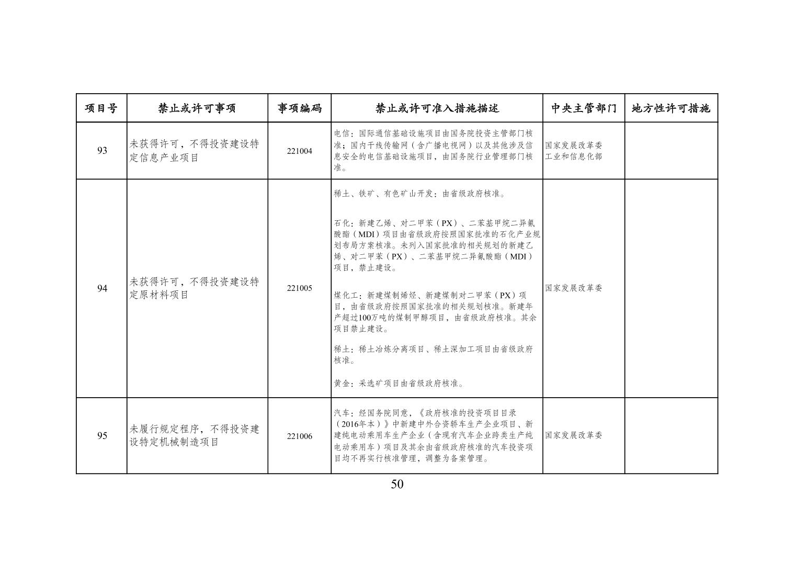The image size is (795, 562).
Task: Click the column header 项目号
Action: coord(101,108)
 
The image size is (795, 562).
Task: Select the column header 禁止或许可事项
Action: coord(197,108)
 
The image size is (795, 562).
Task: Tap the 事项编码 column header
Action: coord(299,108)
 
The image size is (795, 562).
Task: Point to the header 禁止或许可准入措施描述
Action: coord(437,108)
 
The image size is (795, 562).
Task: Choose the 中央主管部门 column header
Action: coord(584,108)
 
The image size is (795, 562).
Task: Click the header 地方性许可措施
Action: coord(671,108)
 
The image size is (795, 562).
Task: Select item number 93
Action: coord(102,151)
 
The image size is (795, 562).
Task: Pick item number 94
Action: coord(102,288)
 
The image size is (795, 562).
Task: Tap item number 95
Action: coord(102,436)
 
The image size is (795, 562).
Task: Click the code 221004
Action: coord(299,151)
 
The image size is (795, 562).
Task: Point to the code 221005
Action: coord(299,288)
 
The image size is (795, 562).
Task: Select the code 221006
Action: coord(299,436)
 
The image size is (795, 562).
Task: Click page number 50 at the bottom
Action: coord(397,484)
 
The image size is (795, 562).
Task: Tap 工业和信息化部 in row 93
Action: coord(573,156)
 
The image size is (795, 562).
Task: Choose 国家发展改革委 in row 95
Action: coord(573,435)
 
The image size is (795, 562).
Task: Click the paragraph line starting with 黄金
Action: coord(399,384)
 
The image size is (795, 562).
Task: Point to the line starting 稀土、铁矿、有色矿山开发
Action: coord(420,194)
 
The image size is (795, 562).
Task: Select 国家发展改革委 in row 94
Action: coord(573,288)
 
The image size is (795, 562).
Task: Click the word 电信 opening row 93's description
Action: coord(341,133)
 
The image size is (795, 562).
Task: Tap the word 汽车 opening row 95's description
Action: coord(341,413)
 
